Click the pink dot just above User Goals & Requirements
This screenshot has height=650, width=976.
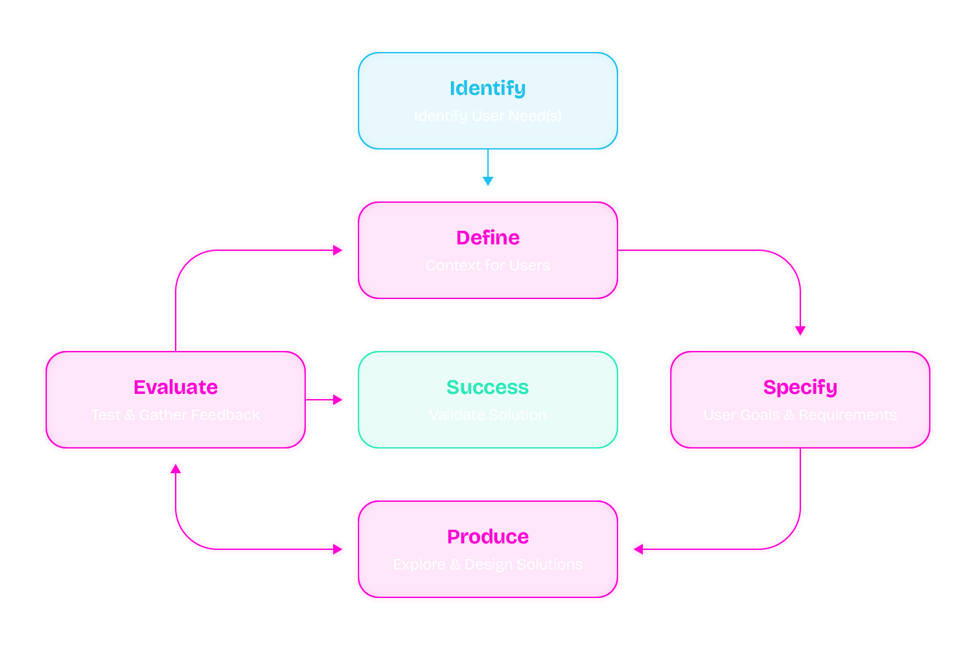[x=800, y=329]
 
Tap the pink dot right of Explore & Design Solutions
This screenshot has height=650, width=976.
[x=640, y=549]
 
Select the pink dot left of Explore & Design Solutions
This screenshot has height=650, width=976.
[x=336, y=549]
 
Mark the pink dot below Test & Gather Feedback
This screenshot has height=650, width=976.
[x=176, y=470]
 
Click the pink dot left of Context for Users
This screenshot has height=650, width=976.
[x=336, y=250]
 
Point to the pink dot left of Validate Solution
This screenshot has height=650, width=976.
[x=336, y=400]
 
